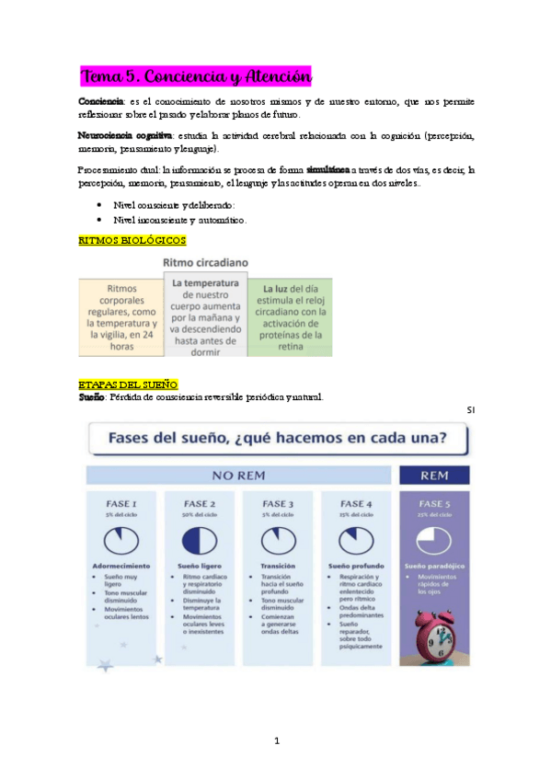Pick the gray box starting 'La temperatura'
[205, 316]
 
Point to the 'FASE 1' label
[121, 503]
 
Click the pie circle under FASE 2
[200, 537]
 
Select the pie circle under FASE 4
[355, 537]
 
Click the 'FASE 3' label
[278, 503]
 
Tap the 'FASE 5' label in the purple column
[432, 503]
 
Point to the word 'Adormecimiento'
[121, 565]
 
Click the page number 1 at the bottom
[276, 740]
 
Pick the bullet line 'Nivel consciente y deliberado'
[174, 206]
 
